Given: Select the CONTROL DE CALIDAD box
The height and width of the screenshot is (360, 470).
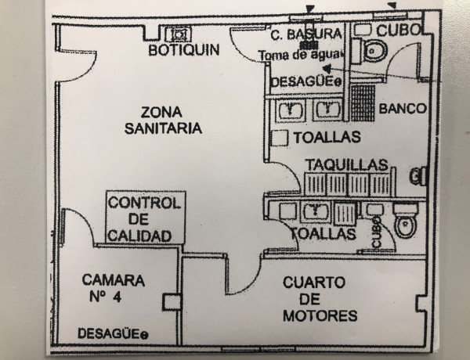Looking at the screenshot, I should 144,218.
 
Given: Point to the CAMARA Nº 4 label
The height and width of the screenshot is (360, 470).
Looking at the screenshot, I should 113,288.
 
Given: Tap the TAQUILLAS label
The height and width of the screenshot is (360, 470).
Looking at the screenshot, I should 346,164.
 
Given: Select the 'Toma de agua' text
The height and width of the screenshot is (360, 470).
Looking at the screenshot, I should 301,55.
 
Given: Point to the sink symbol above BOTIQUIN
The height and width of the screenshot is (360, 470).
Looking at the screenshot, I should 179,34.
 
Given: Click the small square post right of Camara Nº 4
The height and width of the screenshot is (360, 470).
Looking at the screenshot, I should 171,301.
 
